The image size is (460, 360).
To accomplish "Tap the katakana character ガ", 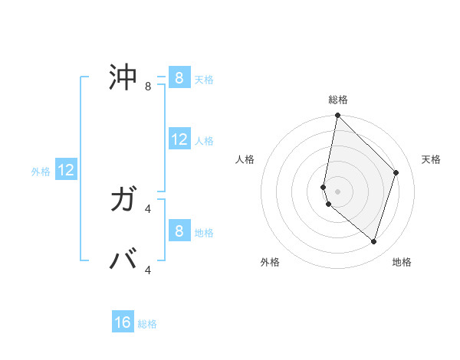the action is point(124,200).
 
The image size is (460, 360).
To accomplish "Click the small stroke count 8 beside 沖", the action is point(148,87).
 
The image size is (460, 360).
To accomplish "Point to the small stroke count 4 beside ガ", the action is point(148,208).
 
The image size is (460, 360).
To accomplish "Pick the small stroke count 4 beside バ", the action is point(148,270).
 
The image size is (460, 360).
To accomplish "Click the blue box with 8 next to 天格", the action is point(179,78).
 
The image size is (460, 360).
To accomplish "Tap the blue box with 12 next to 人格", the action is point(179,139).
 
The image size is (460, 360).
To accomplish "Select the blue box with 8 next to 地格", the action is point(179,231).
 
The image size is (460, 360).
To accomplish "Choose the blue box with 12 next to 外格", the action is point(66,170).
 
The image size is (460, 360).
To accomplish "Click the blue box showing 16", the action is point(123,322).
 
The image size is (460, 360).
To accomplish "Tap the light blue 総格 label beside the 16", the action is point(147,324).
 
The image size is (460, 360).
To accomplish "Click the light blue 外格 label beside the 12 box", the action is point(41,172).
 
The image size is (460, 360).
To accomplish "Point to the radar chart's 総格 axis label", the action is point(338,100).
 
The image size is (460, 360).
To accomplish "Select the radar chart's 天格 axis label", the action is point(431,159).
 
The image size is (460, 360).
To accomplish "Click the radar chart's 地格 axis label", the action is point(402,262).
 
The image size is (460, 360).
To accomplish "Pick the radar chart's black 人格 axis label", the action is point(245,159).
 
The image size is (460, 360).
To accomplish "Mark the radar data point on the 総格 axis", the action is point(337,116).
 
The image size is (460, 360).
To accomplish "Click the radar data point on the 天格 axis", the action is point(396,172).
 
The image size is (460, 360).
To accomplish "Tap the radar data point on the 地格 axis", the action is point(373,241).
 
